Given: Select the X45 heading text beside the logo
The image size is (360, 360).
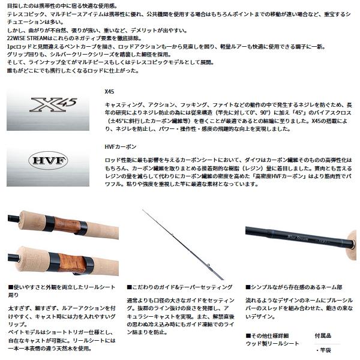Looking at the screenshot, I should [x=109, y=90].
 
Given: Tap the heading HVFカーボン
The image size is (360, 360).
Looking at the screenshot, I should [x=121, y=146].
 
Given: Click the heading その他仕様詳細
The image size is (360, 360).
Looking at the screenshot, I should [x=272, y=336].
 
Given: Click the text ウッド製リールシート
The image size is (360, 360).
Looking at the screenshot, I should [x=272, y=344].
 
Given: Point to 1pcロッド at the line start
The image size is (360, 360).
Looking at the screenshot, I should [x=18, y=46].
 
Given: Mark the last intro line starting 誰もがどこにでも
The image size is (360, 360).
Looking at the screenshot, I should [x=73, y=70].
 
